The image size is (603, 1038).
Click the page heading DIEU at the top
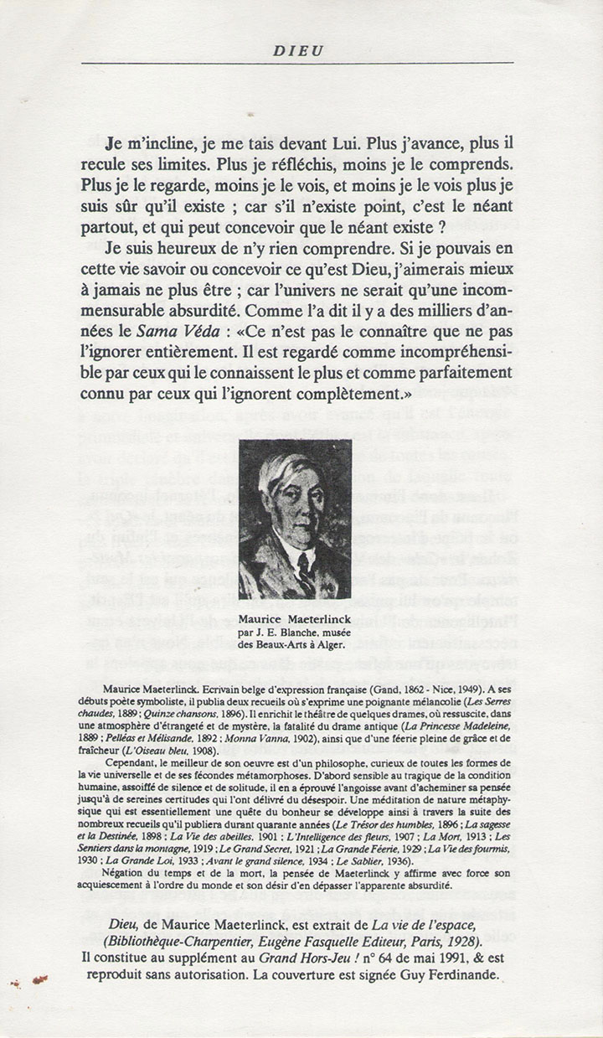(x=298, y=51)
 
